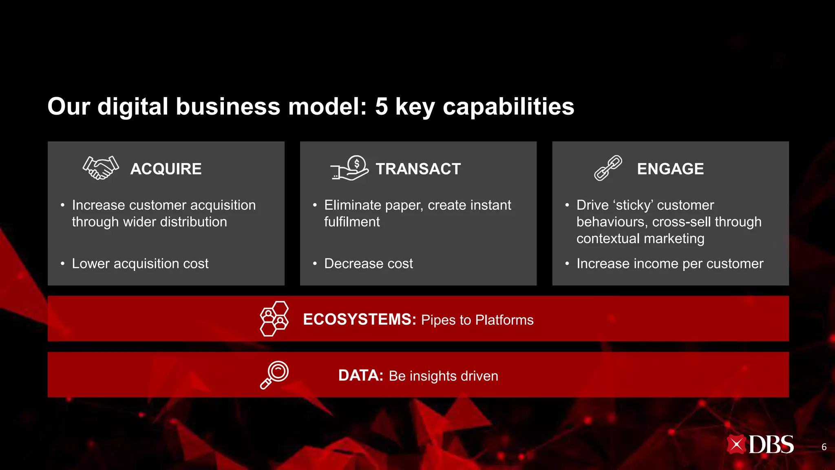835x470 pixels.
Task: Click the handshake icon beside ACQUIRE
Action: tap(101, 168)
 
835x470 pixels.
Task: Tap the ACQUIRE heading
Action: tap(166, 169)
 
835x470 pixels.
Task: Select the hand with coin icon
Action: tap(350, 168)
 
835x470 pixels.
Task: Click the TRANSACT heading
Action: tap(418, 169)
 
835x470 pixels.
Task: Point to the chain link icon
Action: tap(608, 168)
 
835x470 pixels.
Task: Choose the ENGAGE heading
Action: tap(670, 169)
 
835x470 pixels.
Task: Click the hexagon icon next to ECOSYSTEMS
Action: tap(274, 319)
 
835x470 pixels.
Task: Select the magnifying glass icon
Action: tap(274, 375)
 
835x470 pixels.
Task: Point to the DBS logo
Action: tap(760, 445)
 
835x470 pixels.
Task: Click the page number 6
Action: tap(824, 447)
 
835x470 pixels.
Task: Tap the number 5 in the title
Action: tap(381, 106)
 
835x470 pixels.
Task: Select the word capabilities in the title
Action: tap(508, 107)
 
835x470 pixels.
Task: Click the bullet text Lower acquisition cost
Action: tap(140, 264)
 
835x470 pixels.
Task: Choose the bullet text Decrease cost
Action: tap(368, 264)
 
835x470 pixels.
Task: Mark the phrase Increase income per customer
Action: tap(670, 264)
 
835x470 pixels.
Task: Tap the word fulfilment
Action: tap(352, 222)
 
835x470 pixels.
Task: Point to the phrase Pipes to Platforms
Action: tap(477, 320)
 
